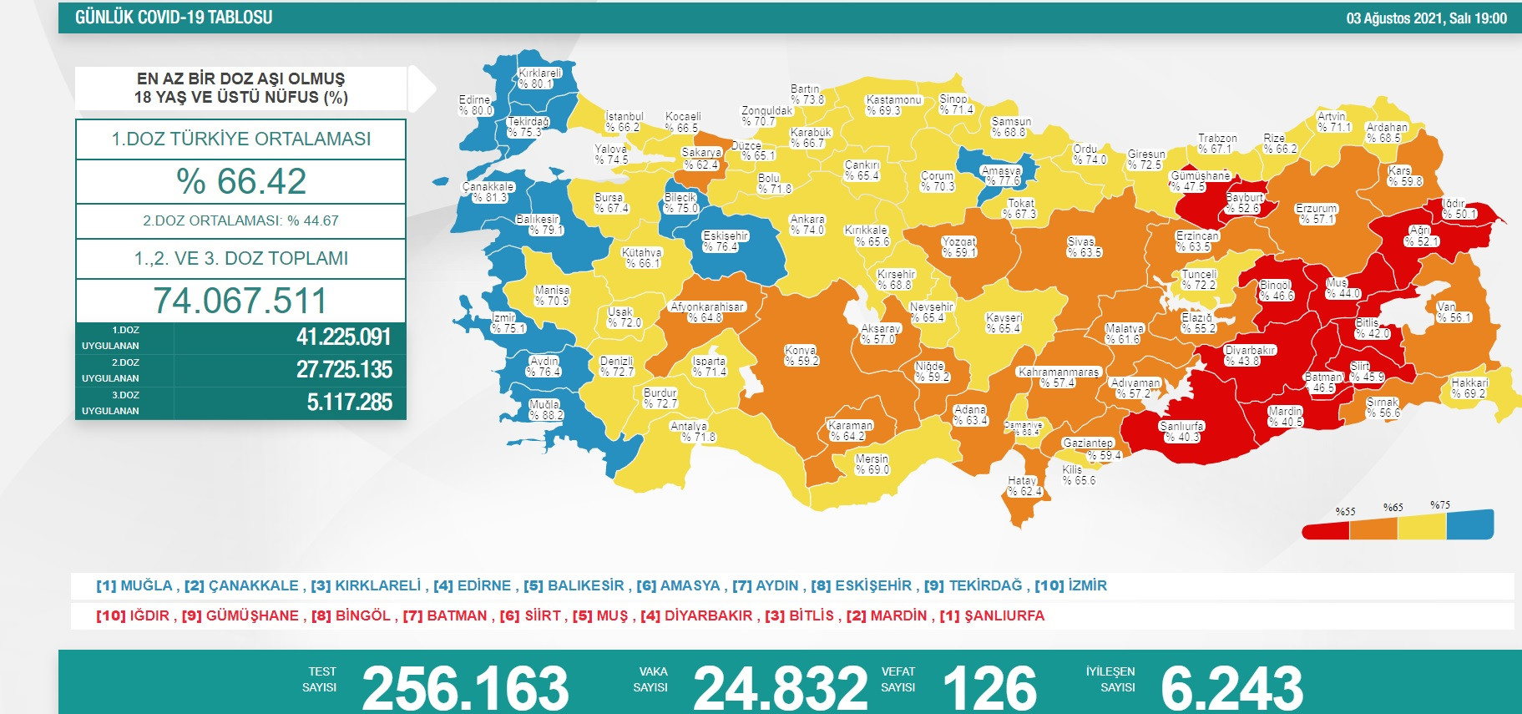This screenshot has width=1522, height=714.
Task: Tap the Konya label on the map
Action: point(801,356)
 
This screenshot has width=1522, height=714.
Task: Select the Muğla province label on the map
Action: point(545,409)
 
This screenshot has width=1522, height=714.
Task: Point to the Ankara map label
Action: point(807,225)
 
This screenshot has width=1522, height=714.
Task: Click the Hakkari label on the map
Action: point(1469,387)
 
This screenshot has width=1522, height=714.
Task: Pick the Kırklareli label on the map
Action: point(539,78)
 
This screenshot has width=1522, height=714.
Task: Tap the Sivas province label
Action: point(1083,247)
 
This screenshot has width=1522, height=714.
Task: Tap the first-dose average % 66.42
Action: point(241,181)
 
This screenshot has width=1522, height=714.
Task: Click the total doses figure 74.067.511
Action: point(240,301)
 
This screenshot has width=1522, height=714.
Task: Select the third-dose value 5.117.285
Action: point(349,403)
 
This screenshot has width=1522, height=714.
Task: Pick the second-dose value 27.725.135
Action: point(344,370)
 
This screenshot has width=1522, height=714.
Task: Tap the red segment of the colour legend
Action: point(1326,530)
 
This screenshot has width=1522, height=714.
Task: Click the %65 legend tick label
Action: point(1393,508)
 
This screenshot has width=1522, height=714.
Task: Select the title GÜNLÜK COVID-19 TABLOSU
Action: point(174,18)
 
